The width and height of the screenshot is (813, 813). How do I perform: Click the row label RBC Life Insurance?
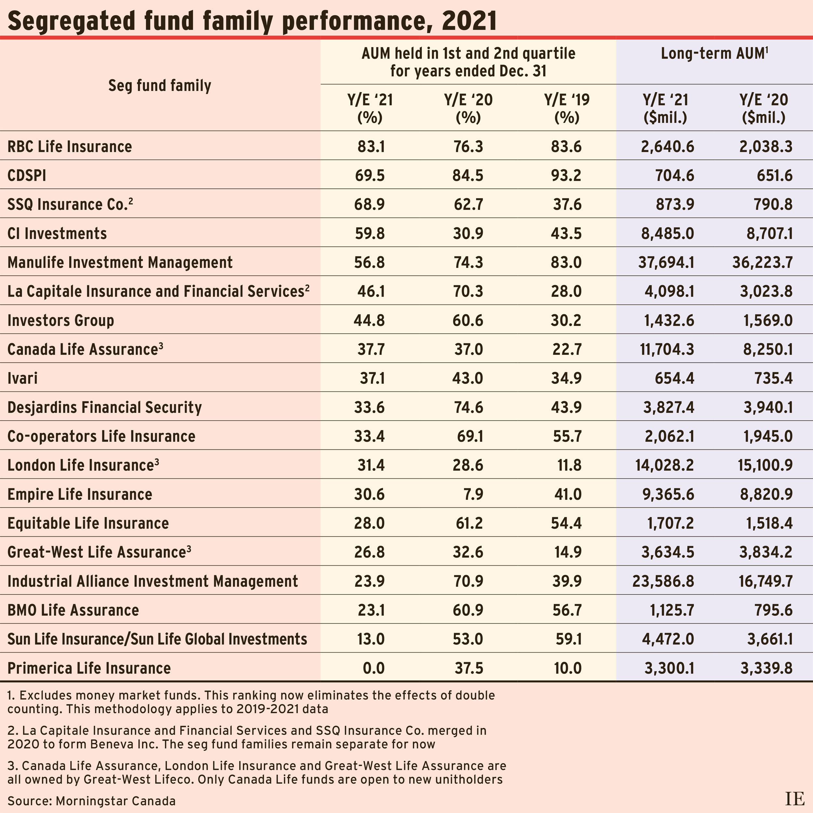click(x=70, y=146)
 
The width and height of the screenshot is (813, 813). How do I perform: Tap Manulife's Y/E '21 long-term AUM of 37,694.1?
click(x=666, y=262)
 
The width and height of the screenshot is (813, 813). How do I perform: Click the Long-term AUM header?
click(x=714, y=53)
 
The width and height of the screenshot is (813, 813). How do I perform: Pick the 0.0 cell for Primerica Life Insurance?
click(x=373, y=668)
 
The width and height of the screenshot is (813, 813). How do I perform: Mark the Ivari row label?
click(x=23, y=378)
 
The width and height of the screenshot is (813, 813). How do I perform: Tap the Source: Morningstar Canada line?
click(x=91, y=800)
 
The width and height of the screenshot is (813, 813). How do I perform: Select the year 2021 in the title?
click(x=469, y=21)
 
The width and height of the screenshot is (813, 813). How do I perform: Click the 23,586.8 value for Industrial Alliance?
click(x=663, y=581)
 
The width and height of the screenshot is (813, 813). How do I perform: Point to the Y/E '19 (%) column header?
click(x=567, y=109)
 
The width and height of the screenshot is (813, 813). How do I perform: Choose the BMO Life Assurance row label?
click(x=73, y=610)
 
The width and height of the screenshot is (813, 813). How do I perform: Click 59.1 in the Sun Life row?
click(x=568, y=639)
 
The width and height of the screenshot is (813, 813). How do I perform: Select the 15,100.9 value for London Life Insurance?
click(x=765, y=465)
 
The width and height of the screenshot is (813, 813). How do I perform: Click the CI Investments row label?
click(x=57, y=233)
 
